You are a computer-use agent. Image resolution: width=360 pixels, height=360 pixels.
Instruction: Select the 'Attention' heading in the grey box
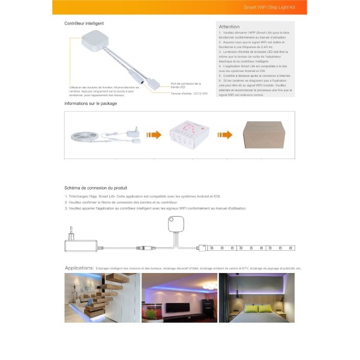point(229,26)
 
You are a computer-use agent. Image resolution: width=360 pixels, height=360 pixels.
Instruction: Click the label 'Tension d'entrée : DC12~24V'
point(189,94)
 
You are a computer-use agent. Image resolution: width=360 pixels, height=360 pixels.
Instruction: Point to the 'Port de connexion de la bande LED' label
point(186,85)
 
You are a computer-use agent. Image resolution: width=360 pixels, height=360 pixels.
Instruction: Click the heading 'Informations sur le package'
point(91,104)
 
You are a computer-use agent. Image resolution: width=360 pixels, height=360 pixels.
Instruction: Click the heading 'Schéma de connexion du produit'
point(95,188)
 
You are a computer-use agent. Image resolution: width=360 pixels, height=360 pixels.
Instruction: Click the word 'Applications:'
point(79,268)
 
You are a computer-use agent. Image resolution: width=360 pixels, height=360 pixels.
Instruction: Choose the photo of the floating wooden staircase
point(103,298)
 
